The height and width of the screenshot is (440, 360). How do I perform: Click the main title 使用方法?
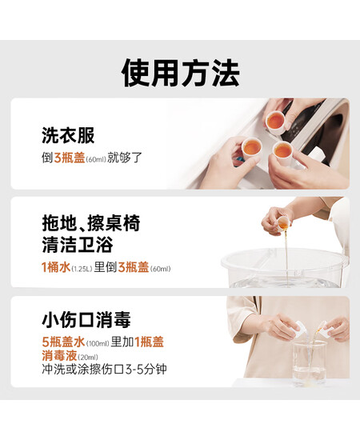click(181, 73)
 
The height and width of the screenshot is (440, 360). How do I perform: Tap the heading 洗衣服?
click(68, 135)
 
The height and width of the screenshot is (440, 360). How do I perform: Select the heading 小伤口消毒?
click(86, 320)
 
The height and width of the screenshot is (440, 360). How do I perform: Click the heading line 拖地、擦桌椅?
click(91, 223)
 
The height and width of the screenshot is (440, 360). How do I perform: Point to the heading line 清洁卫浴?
click(78, 245)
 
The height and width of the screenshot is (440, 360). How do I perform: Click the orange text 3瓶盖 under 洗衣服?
click(70, 158)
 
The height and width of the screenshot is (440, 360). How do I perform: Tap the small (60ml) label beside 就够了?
click(96, 159)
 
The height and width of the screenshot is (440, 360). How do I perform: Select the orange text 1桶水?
click(56, 267)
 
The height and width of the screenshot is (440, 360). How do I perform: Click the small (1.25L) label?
click(82, 269)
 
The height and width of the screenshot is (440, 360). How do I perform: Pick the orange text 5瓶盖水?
click(63, 342)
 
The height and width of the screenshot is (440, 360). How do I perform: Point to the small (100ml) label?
click(98, 343)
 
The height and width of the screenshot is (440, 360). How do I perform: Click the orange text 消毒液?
click(59, 355)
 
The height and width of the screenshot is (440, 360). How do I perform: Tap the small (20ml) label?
click(87, 358)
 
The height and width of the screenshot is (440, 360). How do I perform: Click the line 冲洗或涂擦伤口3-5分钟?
click(104, 370)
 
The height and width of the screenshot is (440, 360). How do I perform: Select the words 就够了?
click(125, 158)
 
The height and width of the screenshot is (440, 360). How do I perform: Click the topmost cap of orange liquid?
click(275, 122)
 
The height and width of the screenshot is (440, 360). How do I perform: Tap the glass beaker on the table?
click(310, 362)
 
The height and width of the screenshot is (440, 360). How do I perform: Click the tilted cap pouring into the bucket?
click(283, 223)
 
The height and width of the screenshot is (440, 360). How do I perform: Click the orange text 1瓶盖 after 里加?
click(149, 342)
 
